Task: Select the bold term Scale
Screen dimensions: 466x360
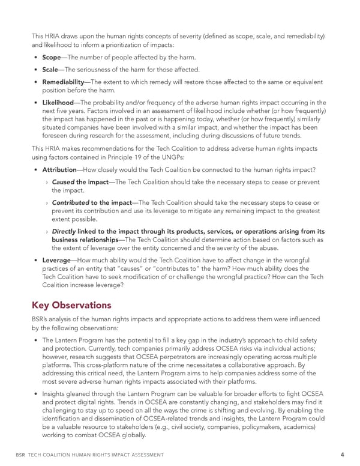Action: [53, 70]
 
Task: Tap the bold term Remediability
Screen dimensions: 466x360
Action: [67, 82]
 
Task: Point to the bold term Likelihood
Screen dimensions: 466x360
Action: [58, 103]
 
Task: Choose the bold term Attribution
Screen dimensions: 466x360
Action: [59, 170]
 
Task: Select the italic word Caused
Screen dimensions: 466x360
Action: [63, 183]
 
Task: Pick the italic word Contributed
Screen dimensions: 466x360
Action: [71, 204]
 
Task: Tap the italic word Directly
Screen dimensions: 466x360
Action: [64, 232]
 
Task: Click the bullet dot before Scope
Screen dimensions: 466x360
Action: [37, 58]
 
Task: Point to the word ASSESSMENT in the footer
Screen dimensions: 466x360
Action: [143, 455]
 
